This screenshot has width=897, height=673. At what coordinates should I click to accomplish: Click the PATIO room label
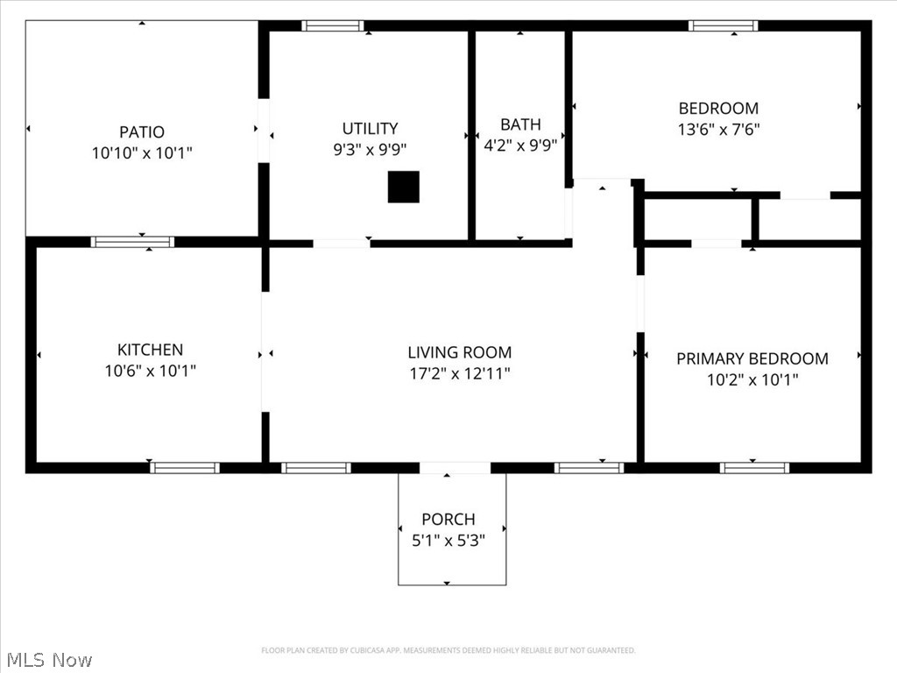142,132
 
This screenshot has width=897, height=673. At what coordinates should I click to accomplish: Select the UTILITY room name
370,128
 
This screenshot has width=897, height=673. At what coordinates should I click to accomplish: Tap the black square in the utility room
404,187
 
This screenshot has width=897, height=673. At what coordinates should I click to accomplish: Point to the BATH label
520,124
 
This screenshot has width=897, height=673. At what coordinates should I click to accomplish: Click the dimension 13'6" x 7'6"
718,130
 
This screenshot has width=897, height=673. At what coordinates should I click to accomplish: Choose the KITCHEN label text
151,350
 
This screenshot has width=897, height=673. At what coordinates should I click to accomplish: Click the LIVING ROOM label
459,352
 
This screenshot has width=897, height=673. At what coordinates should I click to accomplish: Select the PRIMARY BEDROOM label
752,358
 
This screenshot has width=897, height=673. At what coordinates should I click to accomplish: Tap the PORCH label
448,519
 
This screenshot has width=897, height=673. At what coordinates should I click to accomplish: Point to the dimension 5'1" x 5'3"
448,541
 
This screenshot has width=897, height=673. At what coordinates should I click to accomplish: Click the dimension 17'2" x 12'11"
459,374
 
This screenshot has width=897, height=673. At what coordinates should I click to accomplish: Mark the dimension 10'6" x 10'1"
151,371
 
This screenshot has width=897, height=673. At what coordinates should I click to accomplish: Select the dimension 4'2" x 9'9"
520,146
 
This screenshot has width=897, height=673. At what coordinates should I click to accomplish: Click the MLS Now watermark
49,659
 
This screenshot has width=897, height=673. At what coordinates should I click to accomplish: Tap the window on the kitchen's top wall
132,242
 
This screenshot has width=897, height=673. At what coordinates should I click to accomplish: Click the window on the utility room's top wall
333,25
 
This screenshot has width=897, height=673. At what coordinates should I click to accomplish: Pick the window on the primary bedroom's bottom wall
754,467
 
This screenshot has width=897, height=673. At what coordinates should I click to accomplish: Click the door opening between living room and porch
454,467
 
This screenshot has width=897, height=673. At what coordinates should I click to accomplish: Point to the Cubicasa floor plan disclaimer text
448,650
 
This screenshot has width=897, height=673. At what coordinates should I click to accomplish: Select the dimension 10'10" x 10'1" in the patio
142,153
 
